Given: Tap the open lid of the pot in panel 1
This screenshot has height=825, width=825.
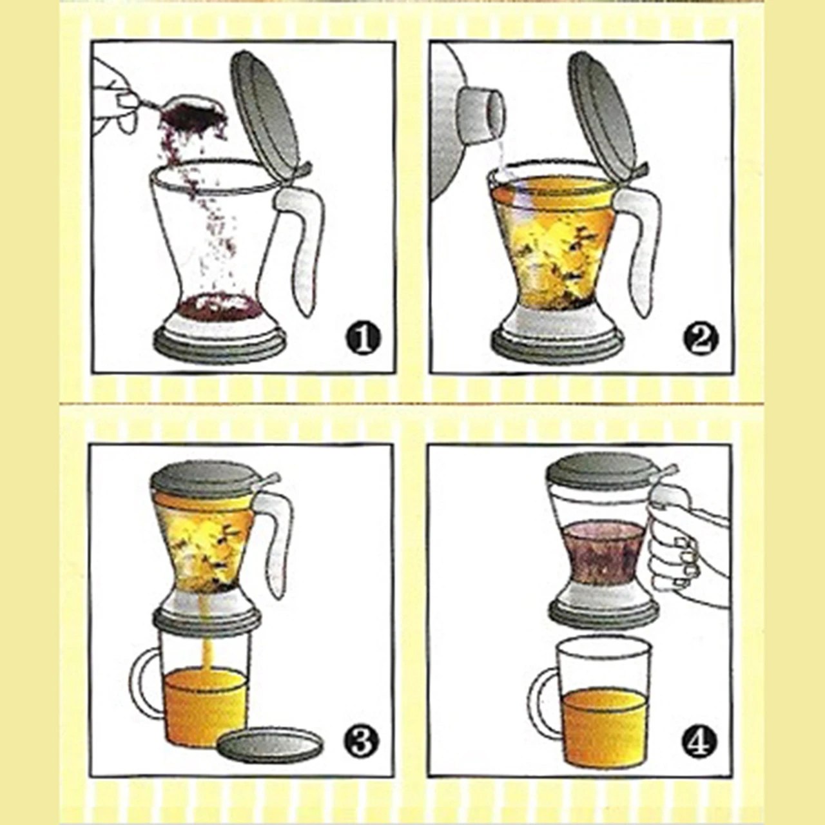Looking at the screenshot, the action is point(269,115).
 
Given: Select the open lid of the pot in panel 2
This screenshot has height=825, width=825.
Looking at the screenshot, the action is point(607,115).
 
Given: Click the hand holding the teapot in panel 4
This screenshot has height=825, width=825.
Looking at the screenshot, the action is point(685,557).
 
